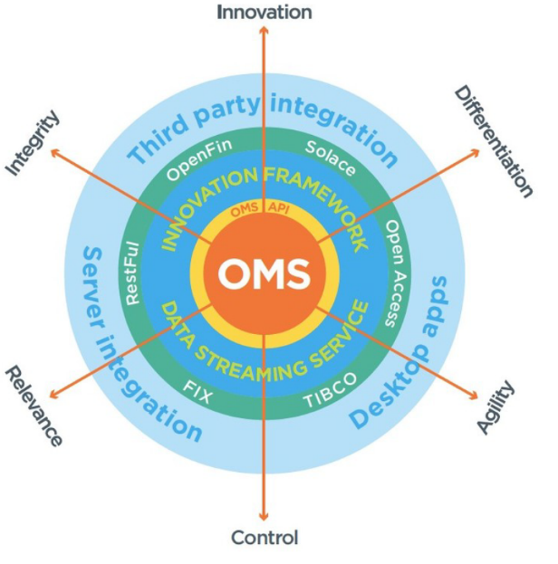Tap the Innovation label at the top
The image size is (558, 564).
[x=265, y=12]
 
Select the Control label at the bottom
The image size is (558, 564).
[x=265, y=538]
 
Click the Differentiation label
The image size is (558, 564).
[x=493, y=140]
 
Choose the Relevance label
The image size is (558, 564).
[x=34, y=406]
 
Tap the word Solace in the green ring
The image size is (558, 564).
[x=330, y=158]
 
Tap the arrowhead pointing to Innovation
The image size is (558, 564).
[x=265, y=30]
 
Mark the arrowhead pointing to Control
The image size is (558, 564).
[x=265, y=517]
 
